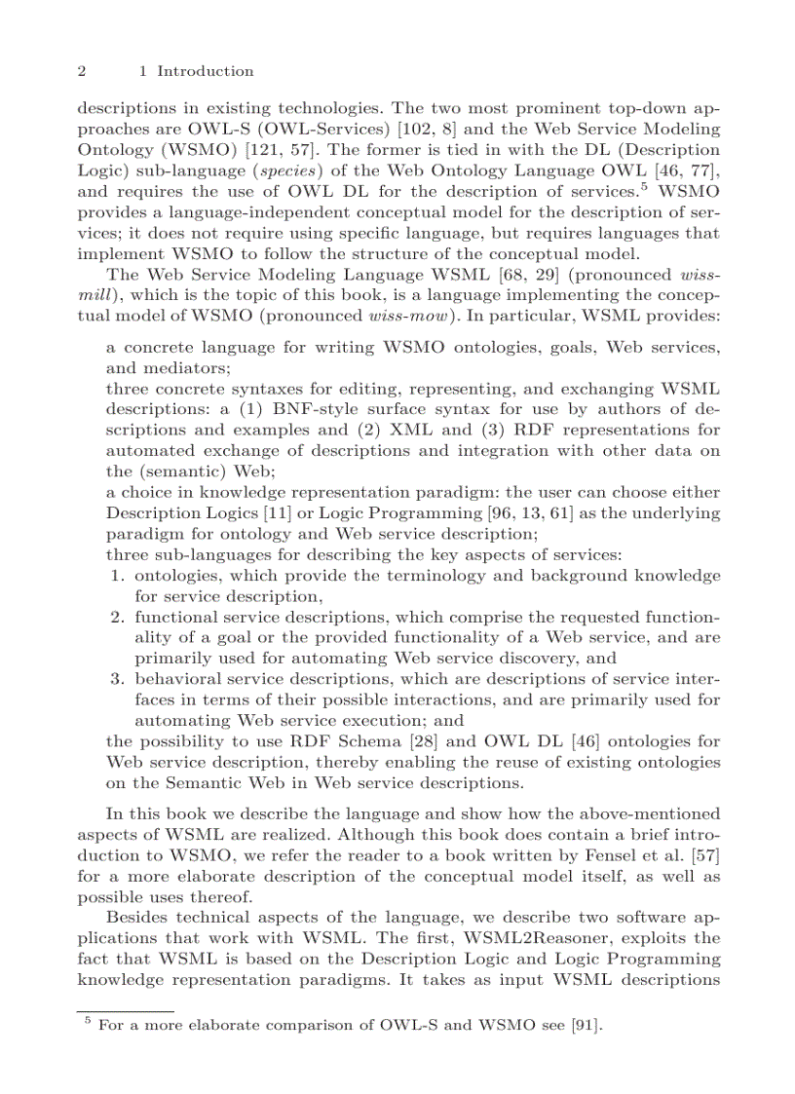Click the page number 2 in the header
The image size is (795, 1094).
click(x=82, y=71)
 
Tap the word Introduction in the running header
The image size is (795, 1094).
click(x=205, y=71)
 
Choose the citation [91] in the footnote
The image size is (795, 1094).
click(x=587, y=1025)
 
